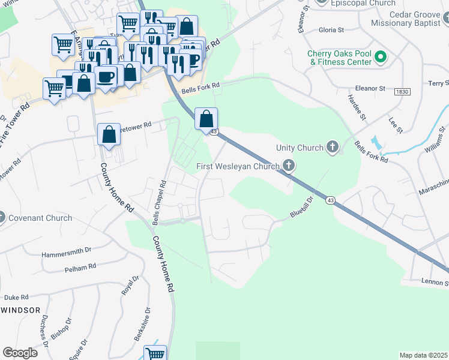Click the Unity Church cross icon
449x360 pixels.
point(333,147)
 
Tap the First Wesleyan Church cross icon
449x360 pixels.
point(289,166)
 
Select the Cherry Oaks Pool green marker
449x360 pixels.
point(380,58)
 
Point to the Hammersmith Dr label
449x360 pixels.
point(66,254)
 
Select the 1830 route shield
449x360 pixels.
point(402,92)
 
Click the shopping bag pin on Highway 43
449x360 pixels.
point(206,118)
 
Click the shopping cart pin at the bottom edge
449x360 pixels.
point(155,354)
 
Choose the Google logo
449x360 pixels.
point(20,352)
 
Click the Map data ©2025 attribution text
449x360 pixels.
point(423,355)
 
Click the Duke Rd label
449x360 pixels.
point(16,297)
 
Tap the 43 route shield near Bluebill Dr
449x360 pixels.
point(330,200)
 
